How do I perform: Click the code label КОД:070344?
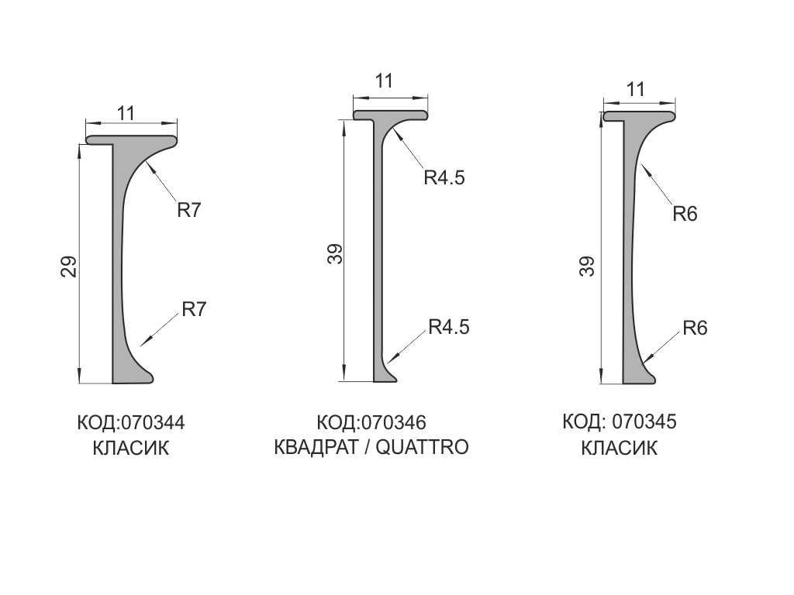tap(130, 423)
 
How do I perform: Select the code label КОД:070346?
tap(371, 422)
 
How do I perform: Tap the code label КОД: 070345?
tap(620, 421)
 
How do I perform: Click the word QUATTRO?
tap(422, 447)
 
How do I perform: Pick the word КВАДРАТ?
tap(316, 447)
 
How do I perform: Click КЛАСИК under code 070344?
tap(130, 449)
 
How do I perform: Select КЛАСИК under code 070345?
tap(619, 449)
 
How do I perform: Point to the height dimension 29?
tap(69, 267)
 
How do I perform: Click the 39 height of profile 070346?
tap(335, 254)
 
